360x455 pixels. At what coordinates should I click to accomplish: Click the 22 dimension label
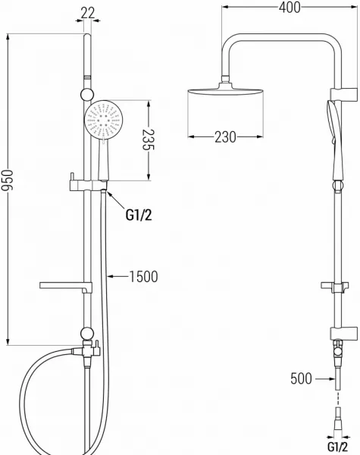coord(88,13)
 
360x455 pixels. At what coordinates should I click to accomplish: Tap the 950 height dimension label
coord(7,180)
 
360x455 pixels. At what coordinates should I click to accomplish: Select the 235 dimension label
coord(148,140)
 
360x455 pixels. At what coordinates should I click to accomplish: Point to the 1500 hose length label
coord(143,276)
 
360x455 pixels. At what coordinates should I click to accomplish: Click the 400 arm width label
coord(290,8)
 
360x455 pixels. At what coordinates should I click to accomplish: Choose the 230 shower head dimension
coord(225,136)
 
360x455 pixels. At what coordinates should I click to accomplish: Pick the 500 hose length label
coord(301,378)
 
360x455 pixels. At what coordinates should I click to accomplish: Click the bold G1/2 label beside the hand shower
coord(139,215)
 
